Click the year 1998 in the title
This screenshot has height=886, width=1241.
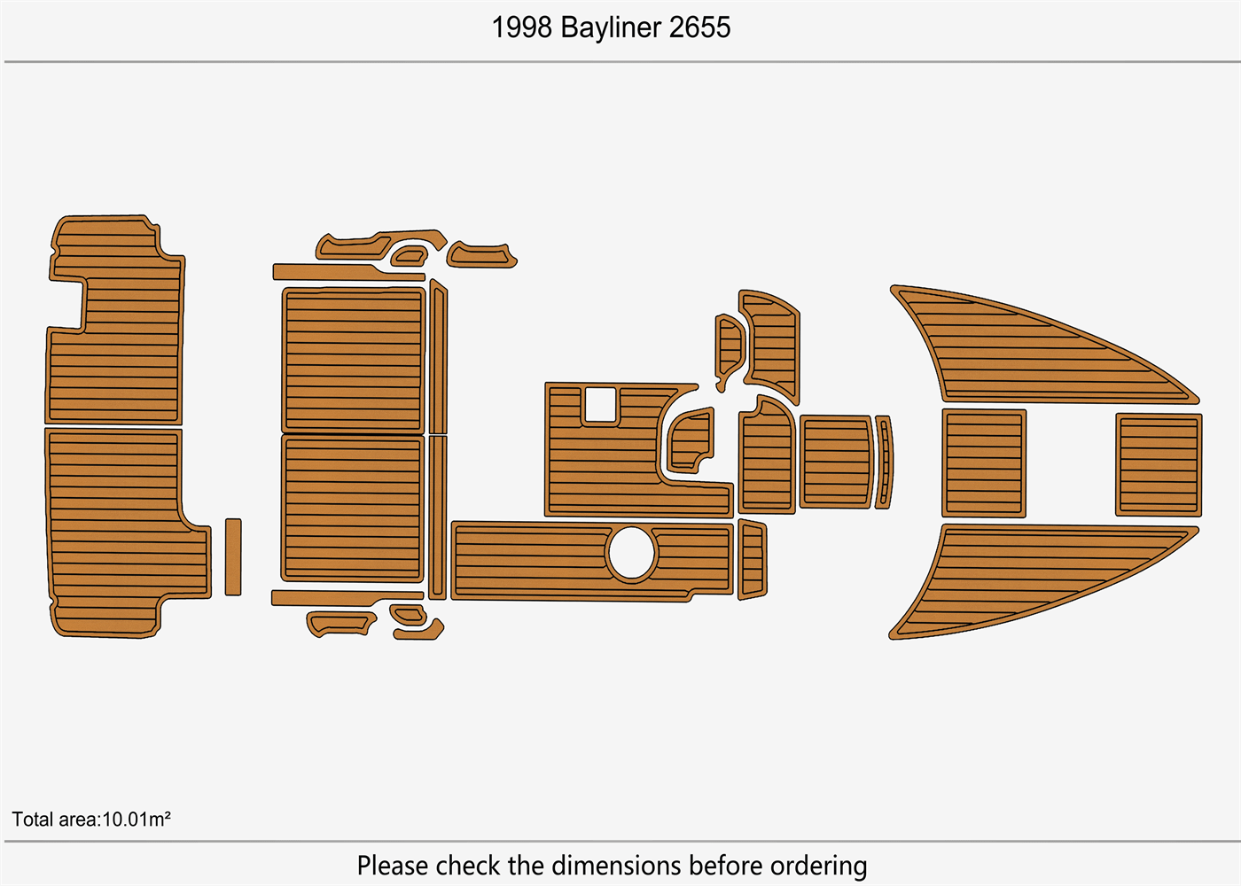coord(522,27)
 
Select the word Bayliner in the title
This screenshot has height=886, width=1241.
coord(611,27)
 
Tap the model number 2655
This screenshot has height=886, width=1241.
coord(699,27)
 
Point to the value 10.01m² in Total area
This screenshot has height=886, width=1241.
coord(137,820)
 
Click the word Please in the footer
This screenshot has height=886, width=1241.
coord(393,866)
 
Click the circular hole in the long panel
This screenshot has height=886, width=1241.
coord(631,554)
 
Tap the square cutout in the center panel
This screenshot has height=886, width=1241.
coord(600,405)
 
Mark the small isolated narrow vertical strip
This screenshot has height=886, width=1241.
coord(233,557)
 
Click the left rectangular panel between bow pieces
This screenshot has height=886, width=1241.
coord(984,463)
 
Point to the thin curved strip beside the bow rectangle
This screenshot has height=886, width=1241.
coord(884,462)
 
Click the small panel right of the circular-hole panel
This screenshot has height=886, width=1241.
coord(752,560)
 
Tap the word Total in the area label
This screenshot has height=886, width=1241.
coord(32,820)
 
